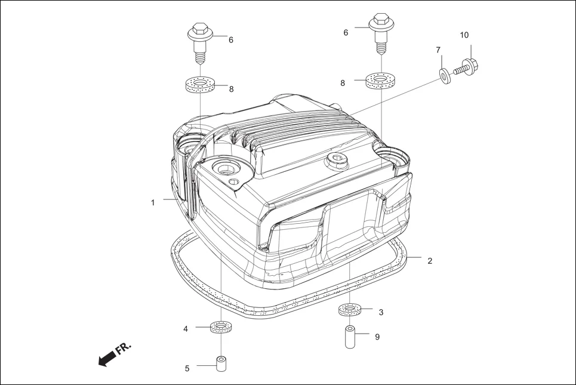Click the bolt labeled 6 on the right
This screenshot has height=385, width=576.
(x=380, y=29)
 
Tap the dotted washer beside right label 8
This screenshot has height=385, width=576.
(x=380, y=80)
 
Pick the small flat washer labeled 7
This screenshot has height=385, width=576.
(x=445, y=76)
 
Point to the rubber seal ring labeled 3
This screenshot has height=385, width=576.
(x=350, y=310)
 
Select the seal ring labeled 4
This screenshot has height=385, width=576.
(x=221, y=327)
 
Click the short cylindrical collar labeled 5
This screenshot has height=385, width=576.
(x=221, y=363)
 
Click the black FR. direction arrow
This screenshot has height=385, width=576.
(x=106, y=358)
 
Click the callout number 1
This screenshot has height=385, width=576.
(x=153, y=203)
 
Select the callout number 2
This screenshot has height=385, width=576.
(x=430, y=261)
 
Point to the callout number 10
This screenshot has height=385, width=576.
(x=464, y=35)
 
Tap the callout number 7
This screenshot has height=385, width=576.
(x=438, y=50)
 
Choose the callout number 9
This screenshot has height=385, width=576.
(x=377, y=337)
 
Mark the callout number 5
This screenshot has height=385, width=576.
(x=187, y=369)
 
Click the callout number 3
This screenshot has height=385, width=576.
(x=381, y=312)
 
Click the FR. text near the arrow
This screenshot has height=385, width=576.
(x=124, y=349)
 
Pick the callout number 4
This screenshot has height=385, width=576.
(x=186, y=329)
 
